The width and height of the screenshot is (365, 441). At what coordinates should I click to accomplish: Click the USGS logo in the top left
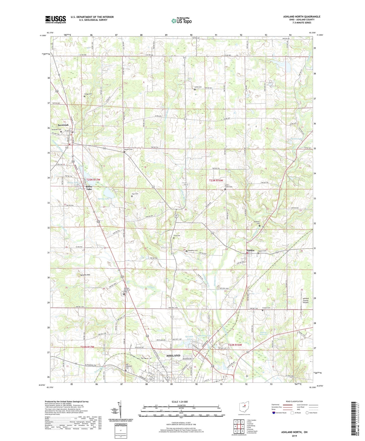56,19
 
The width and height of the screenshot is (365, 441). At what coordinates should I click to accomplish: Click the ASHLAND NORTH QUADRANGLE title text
302,17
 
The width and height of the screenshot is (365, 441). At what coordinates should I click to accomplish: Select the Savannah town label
63,125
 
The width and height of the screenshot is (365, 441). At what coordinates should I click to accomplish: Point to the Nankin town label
250,251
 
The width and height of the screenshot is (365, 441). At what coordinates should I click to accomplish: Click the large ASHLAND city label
173,356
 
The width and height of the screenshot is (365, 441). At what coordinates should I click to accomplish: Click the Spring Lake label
104,199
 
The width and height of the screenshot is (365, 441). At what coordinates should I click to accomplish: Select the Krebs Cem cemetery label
198,87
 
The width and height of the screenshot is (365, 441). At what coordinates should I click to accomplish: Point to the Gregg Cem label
88,94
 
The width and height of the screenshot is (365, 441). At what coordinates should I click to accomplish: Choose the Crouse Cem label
266,308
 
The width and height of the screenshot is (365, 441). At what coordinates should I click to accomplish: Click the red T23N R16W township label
216,180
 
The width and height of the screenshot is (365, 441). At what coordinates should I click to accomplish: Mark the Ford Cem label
177,236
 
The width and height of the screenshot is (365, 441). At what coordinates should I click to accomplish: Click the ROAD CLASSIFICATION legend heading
295,401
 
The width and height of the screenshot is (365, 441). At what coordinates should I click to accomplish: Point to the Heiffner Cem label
257,223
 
